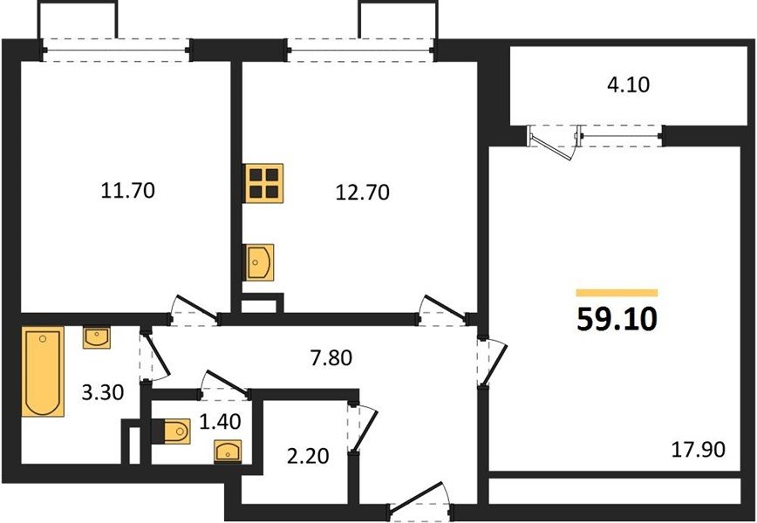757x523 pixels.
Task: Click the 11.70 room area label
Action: (x=128, y=191)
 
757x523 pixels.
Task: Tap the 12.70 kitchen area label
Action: (x=362, y=193)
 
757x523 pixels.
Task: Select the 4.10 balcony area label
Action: (x=628, y=85)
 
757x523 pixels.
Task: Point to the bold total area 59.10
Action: (x=617, y=319)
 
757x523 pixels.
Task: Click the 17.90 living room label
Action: (x=698, y=450)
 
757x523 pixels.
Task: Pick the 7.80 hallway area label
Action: (x=331, y=358)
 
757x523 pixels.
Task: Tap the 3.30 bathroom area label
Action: (x=102, y=392)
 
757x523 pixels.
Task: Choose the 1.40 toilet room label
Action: (x=220, y=422)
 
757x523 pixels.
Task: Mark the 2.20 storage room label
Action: (x=308, y=456)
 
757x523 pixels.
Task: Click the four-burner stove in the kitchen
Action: (x=264, y=183)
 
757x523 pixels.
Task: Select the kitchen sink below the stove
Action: (x=260, y=262)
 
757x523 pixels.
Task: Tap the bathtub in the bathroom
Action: (x=43, y=371)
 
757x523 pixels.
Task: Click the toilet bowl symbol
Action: (x=172, y=431)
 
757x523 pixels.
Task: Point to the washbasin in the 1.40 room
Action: (x=228, y=452)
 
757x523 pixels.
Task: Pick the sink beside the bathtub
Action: (x=97, y=337)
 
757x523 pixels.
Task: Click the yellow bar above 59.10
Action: (x=617, y=292)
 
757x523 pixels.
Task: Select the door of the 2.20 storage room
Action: (x=362, y=427)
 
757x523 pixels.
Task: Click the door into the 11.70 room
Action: (x=195, y=309)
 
